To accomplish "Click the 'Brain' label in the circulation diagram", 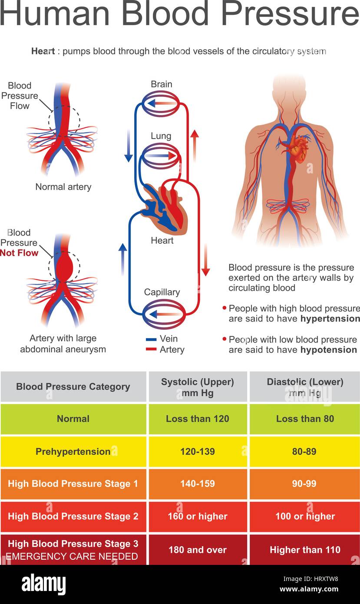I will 162,84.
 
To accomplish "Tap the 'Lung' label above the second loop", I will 161,136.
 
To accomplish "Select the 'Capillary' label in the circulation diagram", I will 162,292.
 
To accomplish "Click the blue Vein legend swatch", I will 151,339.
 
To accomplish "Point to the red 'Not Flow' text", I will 20,253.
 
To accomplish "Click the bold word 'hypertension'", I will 330,319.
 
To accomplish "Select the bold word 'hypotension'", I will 328,350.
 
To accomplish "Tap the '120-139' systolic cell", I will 198,451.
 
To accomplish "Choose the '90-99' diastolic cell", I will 304,484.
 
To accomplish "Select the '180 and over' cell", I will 198,550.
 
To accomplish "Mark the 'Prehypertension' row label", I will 73,451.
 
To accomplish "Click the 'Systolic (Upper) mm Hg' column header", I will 198,387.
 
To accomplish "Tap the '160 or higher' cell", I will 198,516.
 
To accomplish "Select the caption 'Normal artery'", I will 63,187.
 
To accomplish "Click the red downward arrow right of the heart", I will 206,260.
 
